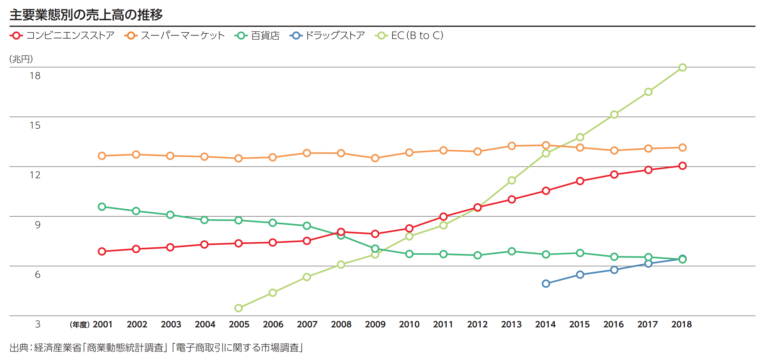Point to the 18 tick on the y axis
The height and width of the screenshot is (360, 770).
pos(34,76)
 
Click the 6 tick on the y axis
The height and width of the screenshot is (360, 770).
pos(37,274)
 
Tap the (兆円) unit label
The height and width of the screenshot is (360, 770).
pos(23,59)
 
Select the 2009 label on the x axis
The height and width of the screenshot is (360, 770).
pos(375,325)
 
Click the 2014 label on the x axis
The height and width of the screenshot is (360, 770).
pos(546,325)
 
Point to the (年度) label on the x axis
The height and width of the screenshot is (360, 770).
pos(79,325)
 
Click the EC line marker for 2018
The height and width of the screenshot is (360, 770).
pos(682,67)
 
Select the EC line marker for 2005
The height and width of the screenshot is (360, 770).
pos(238,308)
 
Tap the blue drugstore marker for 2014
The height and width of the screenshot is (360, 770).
pos(546,284)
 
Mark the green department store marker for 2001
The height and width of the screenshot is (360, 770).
pos(102,207)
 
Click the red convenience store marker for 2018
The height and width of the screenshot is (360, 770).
pos(682,166)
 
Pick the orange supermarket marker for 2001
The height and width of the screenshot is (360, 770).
pos(102,156)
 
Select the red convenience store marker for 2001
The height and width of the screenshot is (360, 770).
pos(102,251)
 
